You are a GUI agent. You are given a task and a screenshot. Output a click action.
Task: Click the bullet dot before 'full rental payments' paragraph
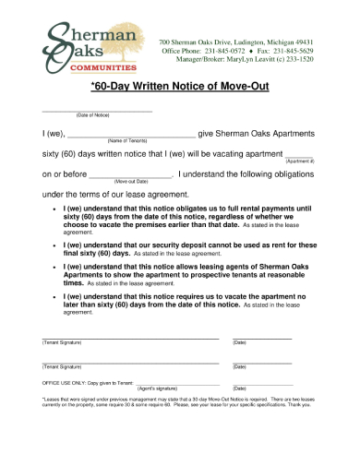pyautogui.click(x=54, y=209)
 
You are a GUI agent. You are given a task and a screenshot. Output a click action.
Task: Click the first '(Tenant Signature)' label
pyautogui.click(x=63, y=343)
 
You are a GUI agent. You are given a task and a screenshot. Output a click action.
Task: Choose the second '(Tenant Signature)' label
pyautogui.click(x=63, y=366)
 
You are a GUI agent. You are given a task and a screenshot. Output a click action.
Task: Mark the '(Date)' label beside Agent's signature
pyautogui.click(x=239, y=388)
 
